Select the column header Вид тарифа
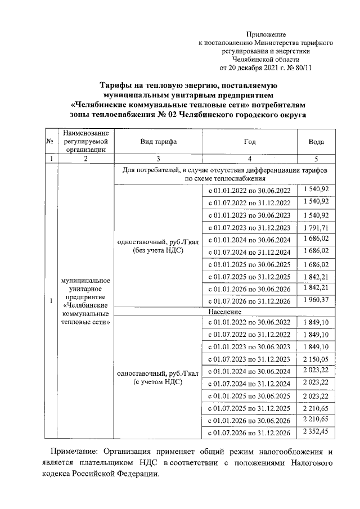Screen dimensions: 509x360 click(158, 142)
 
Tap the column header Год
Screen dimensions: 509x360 click(249, 142)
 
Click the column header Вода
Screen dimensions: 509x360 click(316, 142)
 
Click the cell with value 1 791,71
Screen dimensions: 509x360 click(316, 228)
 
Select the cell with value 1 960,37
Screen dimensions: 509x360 click(316, 301)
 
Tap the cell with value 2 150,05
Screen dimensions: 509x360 click(316, 359)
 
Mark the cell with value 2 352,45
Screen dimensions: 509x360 click(316, 432)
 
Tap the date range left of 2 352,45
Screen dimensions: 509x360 click(249, 433)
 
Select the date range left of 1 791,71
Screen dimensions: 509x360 click(249, 228)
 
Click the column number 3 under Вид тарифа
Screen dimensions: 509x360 click(158, 159)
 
